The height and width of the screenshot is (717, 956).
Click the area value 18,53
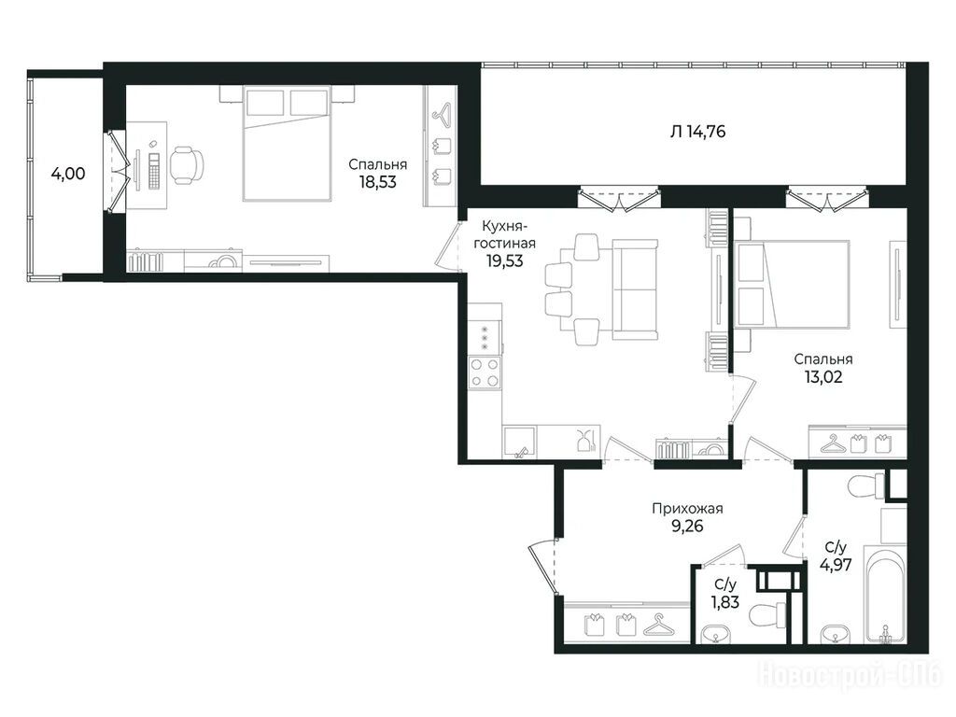[377, 182]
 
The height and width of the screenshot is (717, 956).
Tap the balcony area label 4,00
[68, 174]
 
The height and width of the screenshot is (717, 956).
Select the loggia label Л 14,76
[697, 131]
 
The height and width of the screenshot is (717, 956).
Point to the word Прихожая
[687, 509]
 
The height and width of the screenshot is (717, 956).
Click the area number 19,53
[504, 261]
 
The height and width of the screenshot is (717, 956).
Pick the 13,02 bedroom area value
[823, 377]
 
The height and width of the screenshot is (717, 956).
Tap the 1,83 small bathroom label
[724, 602]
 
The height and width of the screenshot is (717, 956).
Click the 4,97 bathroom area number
[836, 565]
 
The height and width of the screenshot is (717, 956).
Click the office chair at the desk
[186, 164]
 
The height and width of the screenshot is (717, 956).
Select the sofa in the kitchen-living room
[635, 289]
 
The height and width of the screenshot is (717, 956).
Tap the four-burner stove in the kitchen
[485, 373]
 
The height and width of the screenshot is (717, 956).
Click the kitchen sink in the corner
[519, 442]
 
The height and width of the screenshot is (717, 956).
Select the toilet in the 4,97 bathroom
[865, 485]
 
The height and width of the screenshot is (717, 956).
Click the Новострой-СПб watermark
[850, 676]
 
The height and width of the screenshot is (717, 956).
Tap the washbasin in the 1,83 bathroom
[714, 635]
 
